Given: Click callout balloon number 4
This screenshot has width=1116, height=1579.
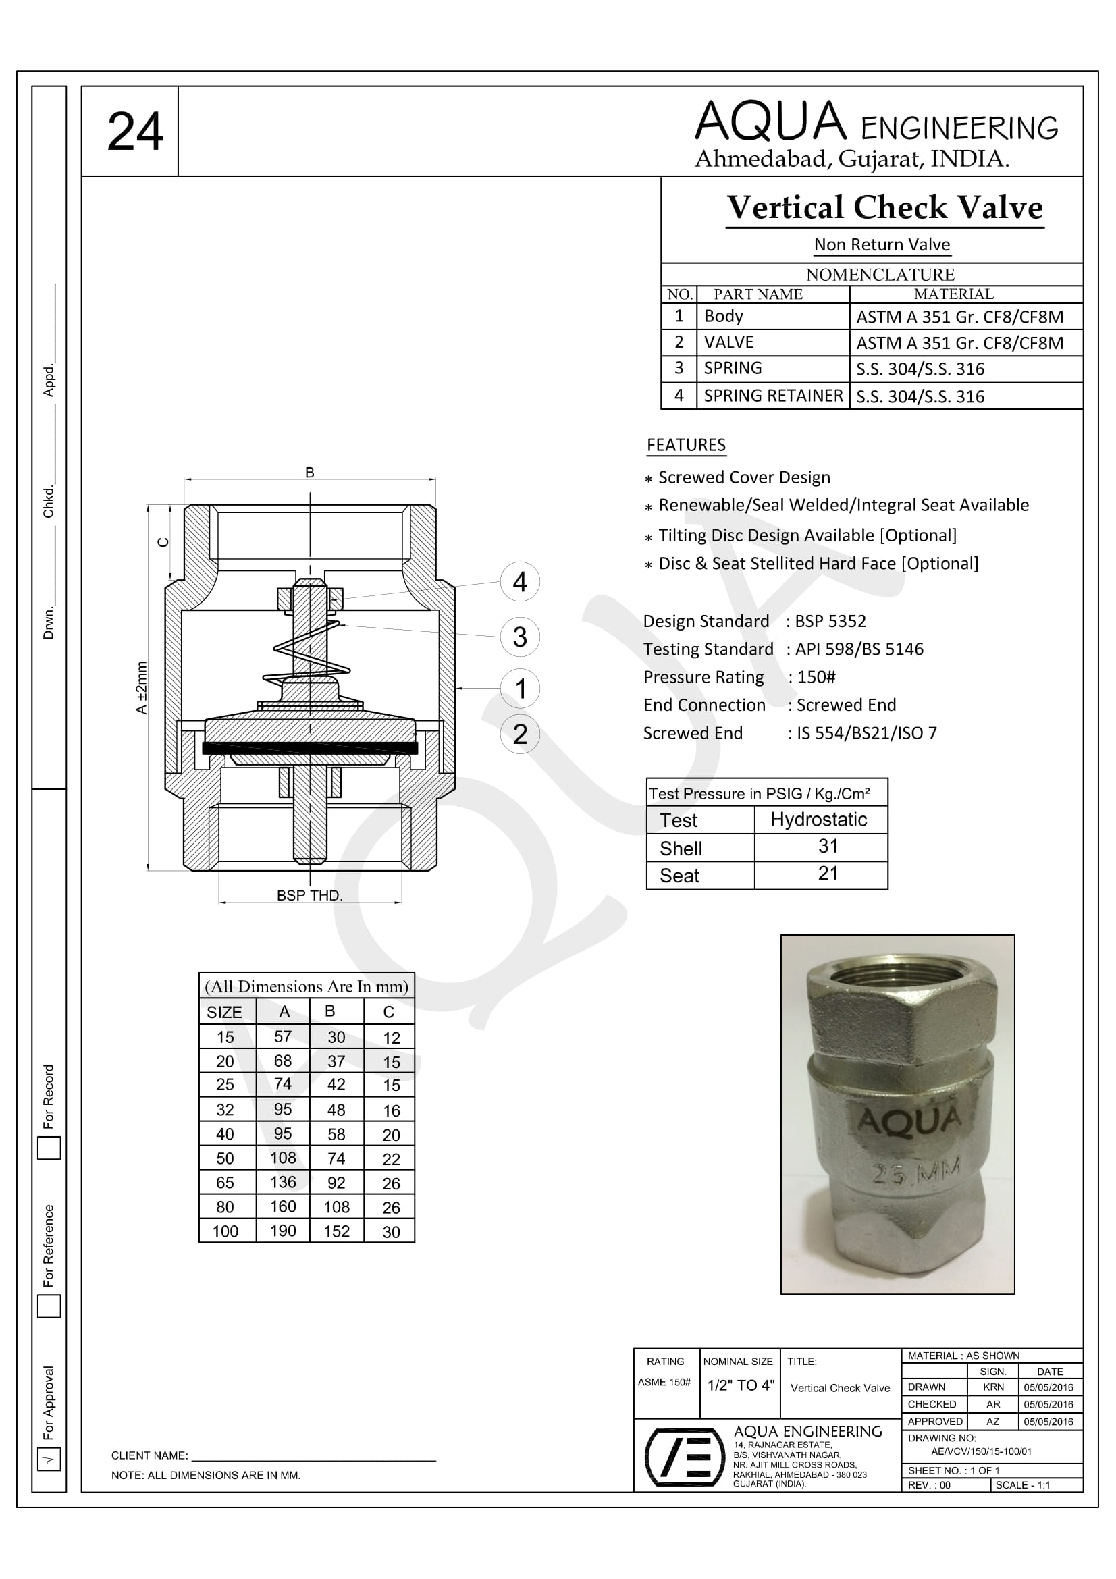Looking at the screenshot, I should [x=520, y=582].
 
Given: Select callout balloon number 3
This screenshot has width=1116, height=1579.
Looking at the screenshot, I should [x=520, y=636].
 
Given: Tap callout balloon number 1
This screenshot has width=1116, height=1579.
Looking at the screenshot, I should [x=520, y=688].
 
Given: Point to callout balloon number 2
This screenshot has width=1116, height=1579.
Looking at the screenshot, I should [x=520, y=734].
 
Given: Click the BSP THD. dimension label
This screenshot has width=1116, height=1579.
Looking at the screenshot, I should [x=309, y=895].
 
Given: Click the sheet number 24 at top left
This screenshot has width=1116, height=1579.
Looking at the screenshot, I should [x=135, y=132].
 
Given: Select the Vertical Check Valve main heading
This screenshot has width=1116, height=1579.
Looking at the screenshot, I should [x=885, y=208].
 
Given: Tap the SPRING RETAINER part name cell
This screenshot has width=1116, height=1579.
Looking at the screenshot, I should [x=773, y=396].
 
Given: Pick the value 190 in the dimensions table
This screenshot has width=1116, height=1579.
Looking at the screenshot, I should [x=283, y=1231].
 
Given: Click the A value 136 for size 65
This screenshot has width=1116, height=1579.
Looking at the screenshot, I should [x=283, y=1182].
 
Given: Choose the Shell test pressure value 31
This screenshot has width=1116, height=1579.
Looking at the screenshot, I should [x=828, y=847].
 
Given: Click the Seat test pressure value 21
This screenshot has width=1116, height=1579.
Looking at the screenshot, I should [x=828, y=874].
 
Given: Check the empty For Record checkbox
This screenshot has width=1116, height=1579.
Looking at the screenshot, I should [x=49, y=1148].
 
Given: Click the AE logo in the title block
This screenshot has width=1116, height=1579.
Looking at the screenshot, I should [x=685, y=1457].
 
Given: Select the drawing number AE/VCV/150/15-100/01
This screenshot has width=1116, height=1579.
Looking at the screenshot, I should [x=981, y=1451].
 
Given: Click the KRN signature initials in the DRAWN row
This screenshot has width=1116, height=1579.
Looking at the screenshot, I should [x=993, y=1387].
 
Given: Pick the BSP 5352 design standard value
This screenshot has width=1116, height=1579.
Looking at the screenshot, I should [x=830, y=621].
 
